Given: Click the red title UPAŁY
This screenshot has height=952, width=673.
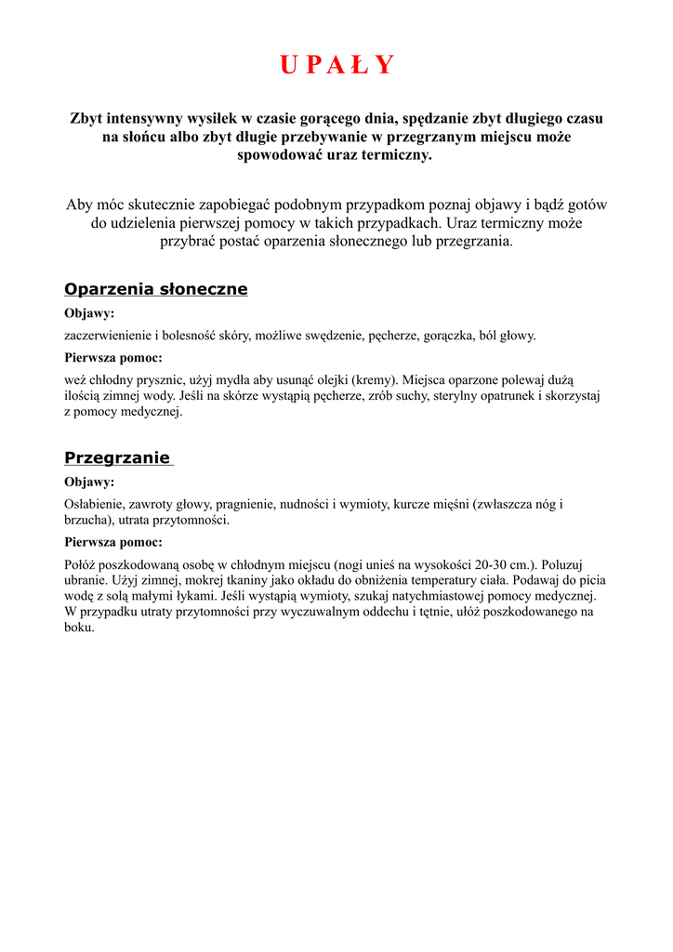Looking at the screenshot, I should (x=336, y=65).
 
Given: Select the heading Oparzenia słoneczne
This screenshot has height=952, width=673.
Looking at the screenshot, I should (x=155, y=289).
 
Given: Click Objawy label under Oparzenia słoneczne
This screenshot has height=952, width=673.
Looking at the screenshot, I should (x=89, y=314).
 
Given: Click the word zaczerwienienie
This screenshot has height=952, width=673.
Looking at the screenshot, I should (x=108, y=336).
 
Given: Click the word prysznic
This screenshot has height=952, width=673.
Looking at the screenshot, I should (x=155, y=379).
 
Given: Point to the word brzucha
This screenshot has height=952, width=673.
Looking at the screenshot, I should (x=85, y=521).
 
